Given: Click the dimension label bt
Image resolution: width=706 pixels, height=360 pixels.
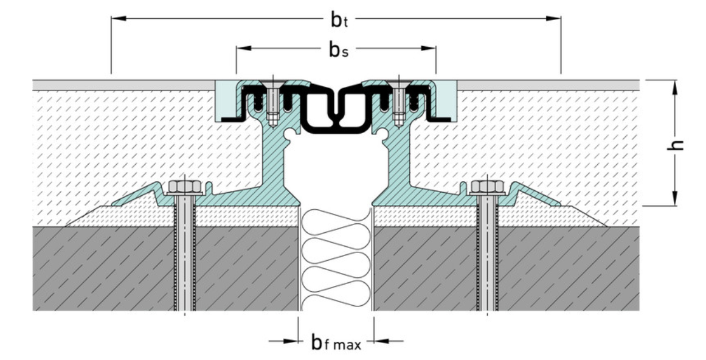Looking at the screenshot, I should (x=339, y=20).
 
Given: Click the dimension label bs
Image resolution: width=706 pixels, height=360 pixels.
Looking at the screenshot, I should (x=338, y=50).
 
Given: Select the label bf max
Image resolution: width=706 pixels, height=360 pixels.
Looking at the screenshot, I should (x=336, y=342).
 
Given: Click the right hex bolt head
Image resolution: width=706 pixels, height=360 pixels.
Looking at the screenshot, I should (x=488, y=187).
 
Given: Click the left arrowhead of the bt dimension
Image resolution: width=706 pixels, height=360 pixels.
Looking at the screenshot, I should (x=118, y=19).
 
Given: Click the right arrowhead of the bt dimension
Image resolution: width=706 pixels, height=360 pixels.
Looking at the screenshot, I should (x=554, y=19).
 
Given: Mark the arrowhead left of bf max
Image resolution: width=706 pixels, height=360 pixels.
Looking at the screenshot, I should (x=291, y=341).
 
